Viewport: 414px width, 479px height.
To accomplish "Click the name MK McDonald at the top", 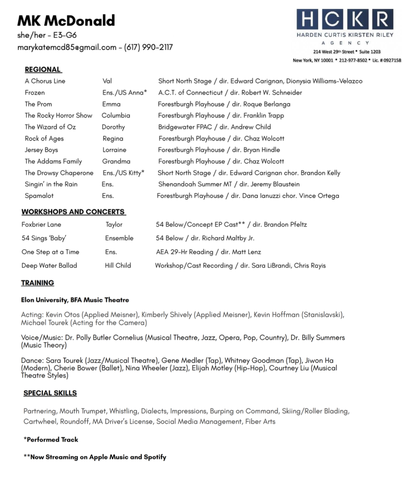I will coord(66,21).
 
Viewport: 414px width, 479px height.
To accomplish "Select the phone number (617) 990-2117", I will coord(148,47).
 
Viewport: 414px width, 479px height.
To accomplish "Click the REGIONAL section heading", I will coord(43,69).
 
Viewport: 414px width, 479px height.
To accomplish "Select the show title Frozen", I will coord(35,92).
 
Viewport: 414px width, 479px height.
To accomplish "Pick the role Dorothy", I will coord(113,127).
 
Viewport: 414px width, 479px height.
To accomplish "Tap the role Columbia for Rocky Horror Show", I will coord(116,116).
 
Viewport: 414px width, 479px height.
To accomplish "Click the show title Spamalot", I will coord(39,196).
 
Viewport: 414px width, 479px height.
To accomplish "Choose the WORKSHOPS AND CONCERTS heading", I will coord(73,212).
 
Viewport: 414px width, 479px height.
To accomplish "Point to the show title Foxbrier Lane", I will coord(41,225).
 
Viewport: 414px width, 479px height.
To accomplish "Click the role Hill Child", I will coord(118,265).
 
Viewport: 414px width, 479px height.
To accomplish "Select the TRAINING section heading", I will coord(37,283).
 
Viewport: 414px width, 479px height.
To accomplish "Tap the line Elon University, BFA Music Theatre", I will coord(75,300).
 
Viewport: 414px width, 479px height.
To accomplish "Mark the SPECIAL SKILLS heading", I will coord(50,393).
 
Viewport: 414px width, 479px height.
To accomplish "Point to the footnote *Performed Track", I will coord(51,440).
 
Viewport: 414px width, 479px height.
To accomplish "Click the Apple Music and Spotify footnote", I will coord(95,457).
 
